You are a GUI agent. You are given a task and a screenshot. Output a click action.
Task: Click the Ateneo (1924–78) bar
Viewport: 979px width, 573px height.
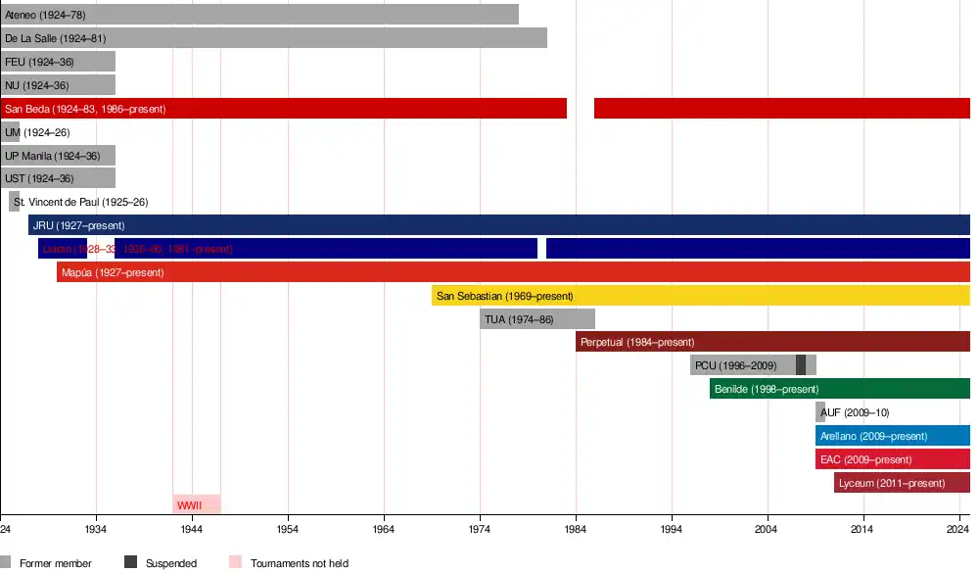pos(259,15)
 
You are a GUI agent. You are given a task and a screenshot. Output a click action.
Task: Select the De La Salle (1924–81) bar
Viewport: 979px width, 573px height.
pos(274,38)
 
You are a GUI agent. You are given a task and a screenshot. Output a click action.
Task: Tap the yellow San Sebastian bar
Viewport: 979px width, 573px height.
pos(700,296)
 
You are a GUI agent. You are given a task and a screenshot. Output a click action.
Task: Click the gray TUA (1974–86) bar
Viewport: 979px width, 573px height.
pos(536,319)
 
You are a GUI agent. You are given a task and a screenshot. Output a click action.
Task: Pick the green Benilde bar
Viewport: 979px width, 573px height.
pos(839,389)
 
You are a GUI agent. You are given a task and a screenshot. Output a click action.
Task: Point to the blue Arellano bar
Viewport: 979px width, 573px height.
pos(892,436)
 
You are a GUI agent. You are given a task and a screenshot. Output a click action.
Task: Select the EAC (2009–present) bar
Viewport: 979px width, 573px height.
pos(892,459)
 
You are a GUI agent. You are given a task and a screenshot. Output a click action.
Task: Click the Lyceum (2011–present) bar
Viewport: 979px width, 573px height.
pos(902,483)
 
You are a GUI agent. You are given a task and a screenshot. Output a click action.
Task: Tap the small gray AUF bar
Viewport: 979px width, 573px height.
pos(820,412)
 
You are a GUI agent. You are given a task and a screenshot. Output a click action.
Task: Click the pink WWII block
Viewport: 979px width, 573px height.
pos(197,505)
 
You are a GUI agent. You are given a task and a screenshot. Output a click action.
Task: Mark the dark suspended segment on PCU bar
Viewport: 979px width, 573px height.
pos(801,365)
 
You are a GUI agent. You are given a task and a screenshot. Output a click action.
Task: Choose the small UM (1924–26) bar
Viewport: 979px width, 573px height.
pos(10,132)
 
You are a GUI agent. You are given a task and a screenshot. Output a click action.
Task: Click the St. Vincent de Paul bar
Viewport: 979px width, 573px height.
pos(15,202)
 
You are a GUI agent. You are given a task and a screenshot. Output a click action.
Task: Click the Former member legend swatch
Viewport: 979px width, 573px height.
pos(6,563)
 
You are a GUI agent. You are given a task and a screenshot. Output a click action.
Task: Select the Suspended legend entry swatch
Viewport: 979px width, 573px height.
pos(130,563)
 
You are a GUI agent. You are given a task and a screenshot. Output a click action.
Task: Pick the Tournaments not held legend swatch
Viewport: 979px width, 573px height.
pos(235,563)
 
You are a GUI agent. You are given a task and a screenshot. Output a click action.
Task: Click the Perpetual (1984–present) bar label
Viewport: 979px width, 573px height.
pos(637,343)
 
